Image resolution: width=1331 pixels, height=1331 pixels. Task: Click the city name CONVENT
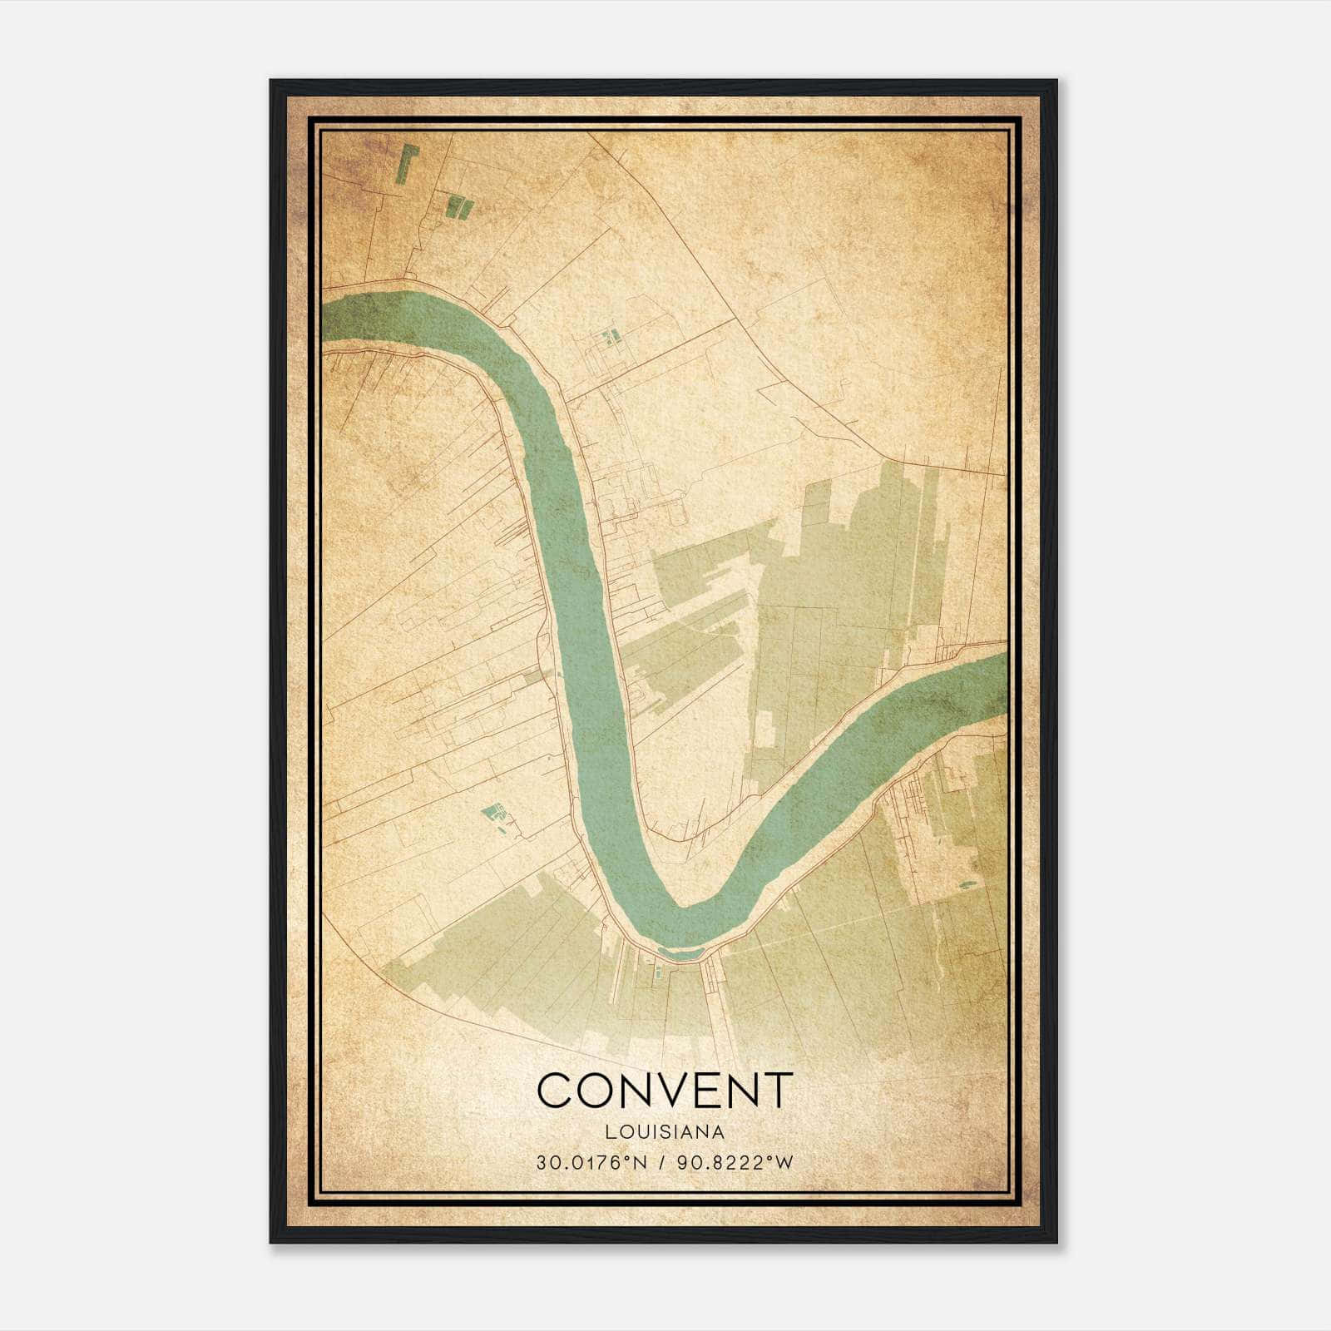click(x=665, y=1090)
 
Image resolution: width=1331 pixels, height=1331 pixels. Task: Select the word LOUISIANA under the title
click(x=665, y=1132)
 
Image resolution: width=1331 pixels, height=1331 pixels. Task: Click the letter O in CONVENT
click(x=593, y=1090)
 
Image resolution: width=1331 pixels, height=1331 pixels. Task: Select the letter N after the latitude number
click(x=639, y=1163)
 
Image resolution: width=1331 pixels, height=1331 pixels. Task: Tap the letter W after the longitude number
click(x=784, y=1163)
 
